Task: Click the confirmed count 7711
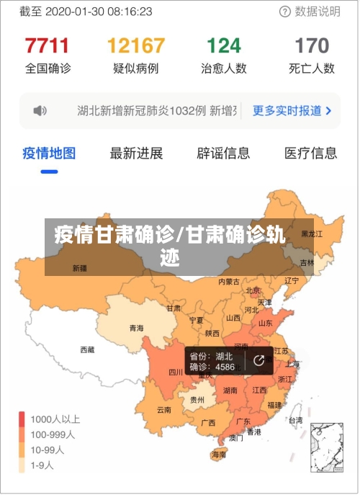(x=48, y=46)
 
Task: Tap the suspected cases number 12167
(x=135, y=46)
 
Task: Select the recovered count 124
(x=224, y=46)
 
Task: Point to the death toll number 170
(x=312, y=46)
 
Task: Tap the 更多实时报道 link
(x=292, y=111)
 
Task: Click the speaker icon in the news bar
(x=40, y=111)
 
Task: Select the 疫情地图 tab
(x=49, y=153)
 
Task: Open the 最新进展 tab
(x=136, y=153)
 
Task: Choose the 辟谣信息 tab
(x=223, y=153)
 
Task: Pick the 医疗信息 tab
(x=310, y=153)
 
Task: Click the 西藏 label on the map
(x=86, y=349)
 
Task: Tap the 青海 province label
(x=136, y=328)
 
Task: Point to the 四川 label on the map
(x=175, y=373)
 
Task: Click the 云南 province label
(x=164, y=410)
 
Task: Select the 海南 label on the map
(x=219, y=455)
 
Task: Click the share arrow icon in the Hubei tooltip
(x=258, y=361)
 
